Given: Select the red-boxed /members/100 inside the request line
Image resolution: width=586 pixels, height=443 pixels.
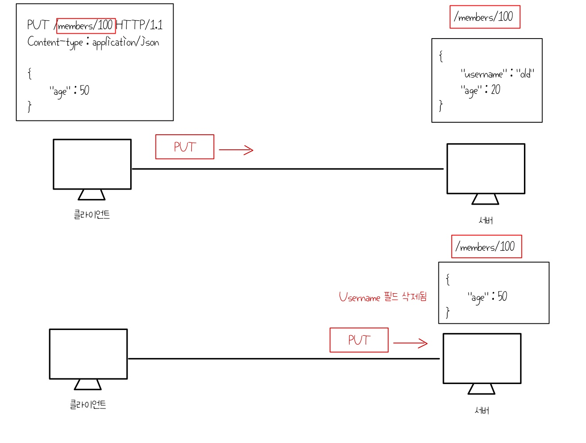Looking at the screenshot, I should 86,26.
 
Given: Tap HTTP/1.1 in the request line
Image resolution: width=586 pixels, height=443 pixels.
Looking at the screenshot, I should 139,25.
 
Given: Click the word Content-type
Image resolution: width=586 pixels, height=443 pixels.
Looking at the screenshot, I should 55,42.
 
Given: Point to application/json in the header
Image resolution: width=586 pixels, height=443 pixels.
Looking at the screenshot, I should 125,42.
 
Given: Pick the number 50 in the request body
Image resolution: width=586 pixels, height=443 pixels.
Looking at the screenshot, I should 84,90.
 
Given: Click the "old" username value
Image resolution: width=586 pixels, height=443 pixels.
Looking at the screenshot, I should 525,74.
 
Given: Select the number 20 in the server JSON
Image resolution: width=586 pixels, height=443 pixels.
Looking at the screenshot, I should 496,89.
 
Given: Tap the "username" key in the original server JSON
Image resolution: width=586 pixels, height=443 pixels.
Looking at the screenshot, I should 483,74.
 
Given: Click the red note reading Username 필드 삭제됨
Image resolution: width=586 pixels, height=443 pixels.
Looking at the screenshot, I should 383,297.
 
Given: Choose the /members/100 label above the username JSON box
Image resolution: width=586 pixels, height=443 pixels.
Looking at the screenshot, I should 485,17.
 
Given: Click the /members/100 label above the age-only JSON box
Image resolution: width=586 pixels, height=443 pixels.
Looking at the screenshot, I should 486,247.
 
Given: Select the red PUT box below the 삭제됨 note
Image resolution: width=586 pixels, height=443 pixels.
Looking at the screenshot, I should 359,340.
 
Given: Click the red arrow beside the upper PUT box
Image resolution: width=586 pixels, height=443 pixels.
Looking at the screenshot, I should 236,150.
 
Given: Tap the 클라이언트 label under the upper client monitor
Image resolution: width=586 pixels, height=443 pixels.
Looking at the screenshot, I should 92,215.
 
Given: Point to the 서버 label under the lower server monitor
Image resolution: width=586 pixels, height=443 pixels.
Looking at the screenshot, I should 482,411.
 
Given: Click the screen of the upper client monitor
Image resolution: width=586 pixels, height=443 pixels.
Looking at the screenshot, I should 92,164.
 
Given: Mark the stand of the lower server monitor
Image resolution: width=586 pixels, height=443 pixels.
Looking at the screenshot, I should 481,389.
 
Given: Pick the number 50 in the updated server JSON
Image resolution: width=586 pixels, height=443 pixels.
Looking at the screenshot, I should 502,296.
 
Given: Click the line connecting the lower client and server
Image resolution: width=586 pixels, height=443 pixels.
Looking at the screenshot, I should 283,359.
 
